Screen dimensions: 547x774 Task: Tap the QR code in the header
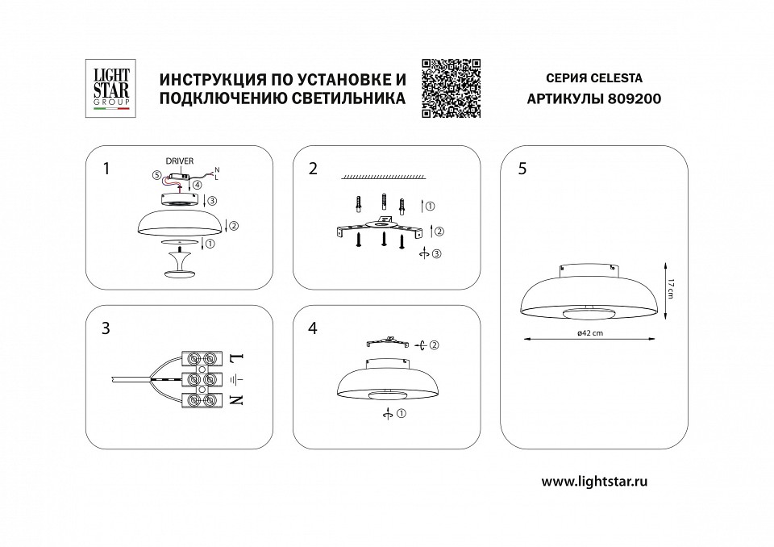click(451, 88)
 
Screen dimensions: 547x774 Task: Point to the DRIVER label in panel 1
click(180, 161)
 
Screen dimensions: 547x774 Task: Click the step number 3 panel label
click(106, 328)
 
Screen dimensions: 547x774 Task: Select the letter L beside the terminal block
click(236, 356)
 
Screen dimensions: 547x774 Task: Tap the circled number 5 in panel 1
click(156, 175)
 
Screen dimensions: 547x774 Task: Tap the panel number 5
click(522, 169)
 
